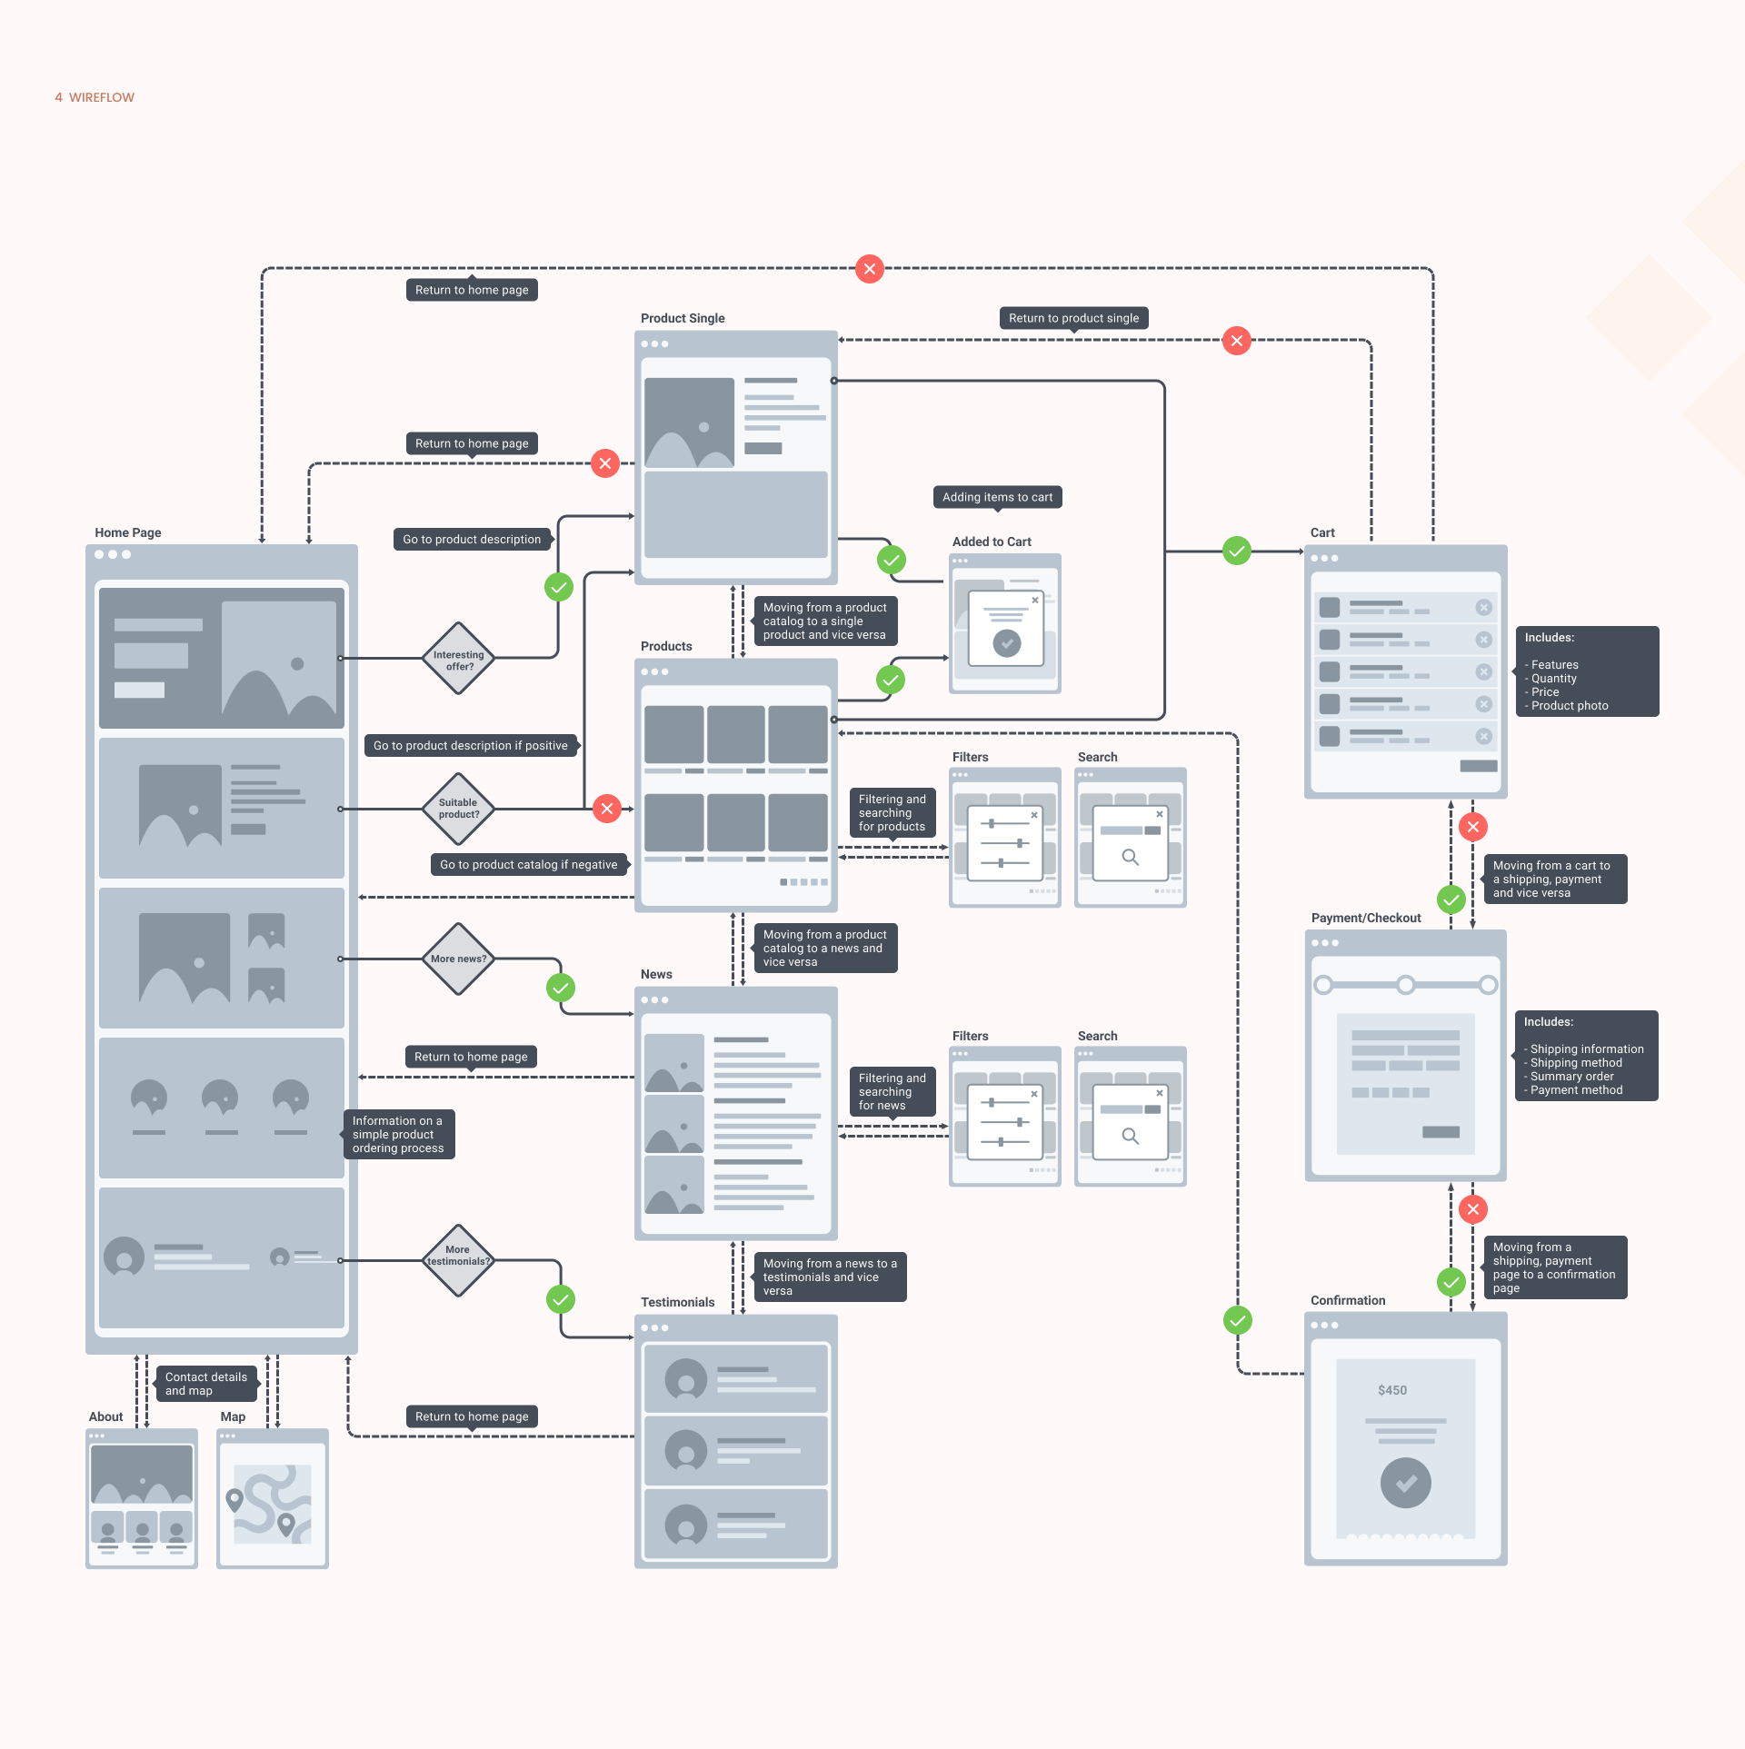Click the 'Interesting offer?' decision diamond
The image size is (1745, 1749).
coord(459,659)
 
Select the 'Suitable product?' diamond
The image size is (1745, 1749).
coord(459,809)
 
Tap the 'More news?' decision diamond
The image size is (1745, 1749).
coord(459,959)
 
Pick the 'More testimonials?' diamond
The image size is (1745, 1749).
coord(459,1260)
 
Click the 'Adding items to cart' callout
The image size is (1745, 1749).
coord(998,498)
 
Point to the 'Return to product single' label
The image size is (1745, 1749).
coord(1073,319)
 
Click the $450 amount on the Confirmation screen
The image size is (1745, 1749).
coord(1392,1390)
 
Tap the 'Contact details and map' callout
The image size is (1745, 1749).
coord(206,1384)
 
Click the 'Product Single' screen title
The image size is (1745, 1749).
coord(683,318)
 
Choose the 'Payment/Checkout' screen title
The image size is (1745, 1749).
coord(1366,918)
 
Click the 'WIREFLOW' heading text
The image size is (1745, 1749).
coord(102,97)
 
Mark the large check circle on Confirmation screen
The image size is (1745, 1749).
coord(1406,1483)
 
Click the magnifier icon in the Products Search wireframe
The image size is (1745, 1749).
coord(1131,857)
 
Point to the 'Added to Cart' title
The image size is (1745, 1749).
coord(992,542)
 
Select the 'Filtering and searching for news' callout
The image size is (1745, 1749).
coord(892,1092)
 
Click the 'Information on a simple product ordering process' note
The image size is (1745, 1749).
coord(398,1135)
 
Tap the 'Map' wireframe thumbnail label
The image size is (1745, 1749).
coord(233,1416)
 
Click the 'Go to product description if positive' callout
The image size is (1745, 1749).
coord(472,745)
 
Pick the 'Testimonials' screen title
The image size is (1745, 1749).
coord(678,1302)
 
